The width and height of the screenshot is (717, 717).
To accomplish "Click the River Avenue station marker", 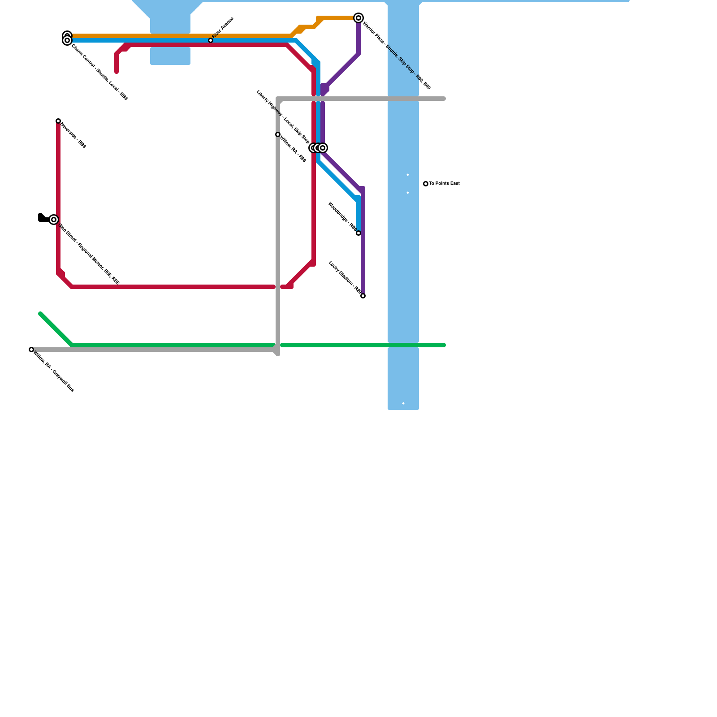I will (x=211, y=40).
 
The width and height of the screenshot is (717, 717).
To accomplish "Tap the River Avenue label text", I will (x=223, y=27).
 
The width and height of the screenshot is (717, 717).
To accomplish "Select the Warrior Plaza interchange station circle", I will (x=358, y=18).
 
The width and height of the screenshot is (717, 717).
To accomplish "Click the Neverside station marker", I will (x=58, y=121).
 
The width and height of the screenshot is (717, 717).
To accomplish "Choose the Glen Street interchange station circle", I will (x=54, y=220).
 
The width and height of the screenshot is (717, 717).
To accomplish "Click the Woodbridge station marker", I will (x=358, y=233).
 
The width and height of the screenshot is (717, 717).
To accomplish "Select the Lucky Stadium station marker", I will (x=363, y=296).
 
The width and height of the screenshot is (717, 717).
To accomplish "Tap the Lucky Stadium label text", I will (x=345, y=277).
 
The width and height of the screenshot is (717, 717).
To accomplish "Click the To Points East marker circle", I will (x=426, y=184).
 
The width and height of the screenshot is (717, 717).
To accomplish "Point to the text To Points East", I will (x=444, y=184).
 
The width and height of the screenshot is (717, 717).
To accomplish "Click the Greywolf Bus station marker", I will (x=31, y=350).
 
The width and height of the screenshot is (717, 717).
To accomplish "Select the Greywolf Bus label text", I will (x=54, y=372).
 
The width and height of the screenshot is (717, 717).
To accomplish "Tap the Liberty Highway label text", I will (x=283, y=117).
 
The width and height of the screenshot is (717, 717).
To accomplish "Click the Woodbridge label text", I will (x=342, y=216).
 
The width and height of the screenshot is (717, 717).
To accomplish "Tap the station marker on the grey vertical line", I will (x=278, y=134).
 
